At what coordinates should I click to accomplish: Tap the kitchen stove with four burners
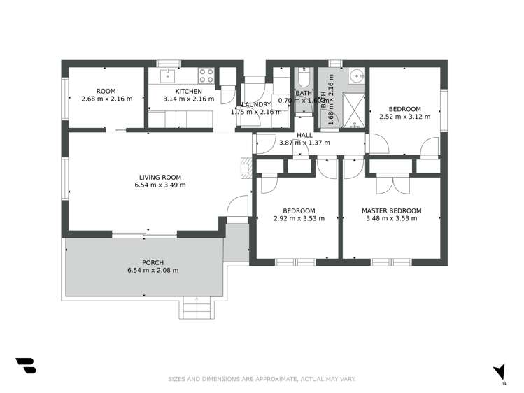(x=206, y=72)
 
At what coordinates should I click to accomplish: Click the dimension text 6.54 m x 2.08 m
(x=153, y=271)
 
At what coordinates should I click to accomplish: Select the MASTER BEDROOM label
(x=391, y=210)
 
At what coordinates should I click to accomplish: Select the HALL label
(x=304, y=135)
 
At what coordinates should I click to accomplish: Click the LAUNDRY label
(x=256, y=104)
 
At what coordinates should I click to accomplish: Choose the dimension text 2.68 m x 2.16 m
(x=106, y=99)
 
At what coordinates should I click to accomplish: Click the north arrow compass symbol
(x=499, y=372)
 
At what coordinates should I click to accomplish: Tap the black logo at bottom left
(x=25, y=366)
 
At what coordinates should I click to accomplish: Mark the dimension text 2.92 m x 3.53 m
(x=299, y=218)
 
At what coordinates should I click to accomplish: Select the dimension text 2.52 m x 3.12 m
(x=404, y=117)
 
